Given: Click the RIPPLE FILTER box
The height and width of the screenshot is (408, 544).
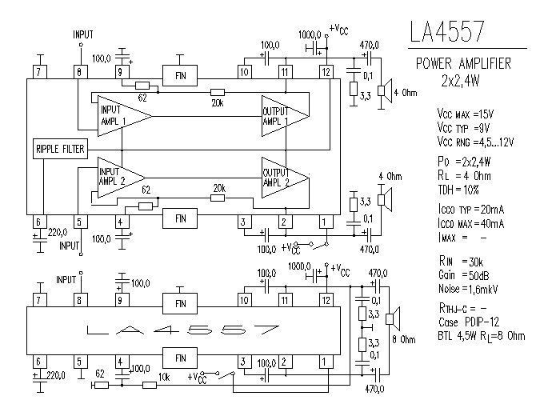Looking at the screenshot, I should tap(60, 150).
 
